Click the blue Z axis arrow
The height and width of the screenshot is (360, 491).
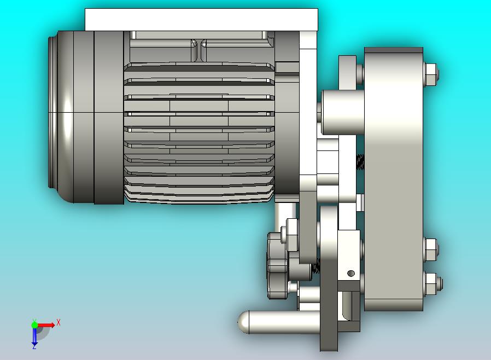[x=34, y=336]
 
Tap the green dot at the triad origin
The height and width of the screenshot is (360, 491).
[x=34, y=324]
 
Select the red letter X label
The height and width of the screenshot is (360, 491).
[x=58, y=323]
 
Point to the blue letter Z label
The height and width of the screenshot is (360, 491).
[x=34, y=347]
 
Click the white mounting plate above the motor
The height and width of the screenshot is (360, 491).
[x=201, y=20]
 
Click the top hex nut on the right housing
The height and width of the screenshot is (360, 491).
[x=431, y=75]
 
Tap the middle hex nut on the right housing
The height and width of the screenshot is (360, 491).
[x=431, y=249]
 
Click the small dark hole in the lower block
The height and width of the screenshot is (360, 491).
[x=351, y=274]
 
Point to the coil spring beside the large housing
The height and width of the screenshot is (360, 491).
[x=360, y=162]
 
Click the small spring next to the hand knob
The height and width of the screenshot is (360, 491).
[x=315, y=268]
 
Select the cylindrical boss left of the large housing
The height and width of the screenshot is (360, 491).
[x=342, y=112]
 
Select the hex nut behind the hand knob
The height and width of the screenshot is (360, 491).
[x=291, y=235]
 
